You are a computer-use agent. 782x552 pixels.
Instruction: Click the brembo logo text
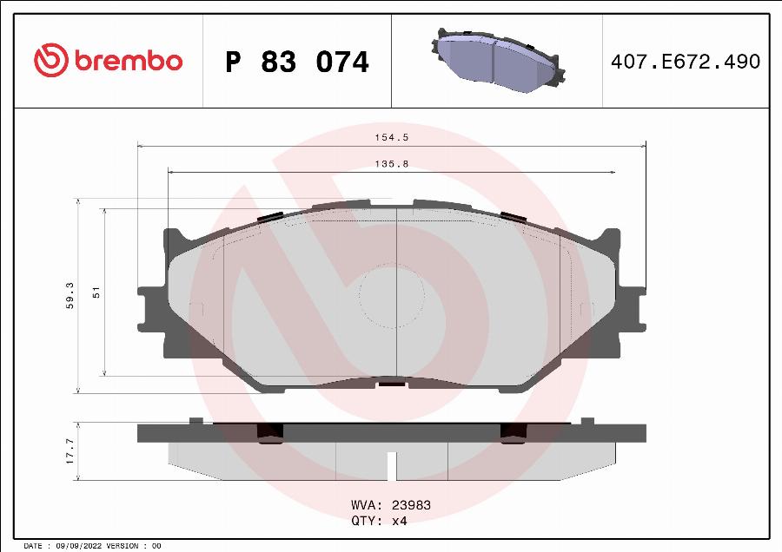(128, 61)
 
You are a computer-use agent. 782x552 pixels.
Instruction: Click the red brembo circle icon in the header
(50, 60)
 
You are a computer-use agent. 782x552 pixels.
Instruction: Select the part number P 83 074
(296, 62)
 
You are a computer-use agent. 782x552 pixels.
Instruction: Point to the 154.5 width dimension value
(391, 137)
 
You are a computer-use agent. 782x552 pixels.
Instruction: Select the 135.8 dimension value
(391, 163)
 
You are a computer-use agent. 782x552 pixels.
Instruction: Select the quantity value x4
(399, 521)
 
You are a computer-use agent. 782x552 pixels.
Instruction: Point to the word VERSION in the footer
(122, 546)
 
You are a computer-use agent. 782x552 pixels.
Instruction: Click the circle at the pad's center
(391, 296)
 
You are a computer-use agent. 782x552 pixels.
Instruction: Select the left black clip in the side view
(272, 430)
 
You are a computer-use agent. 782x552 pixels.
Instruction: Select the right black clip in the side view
(512, 430)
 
